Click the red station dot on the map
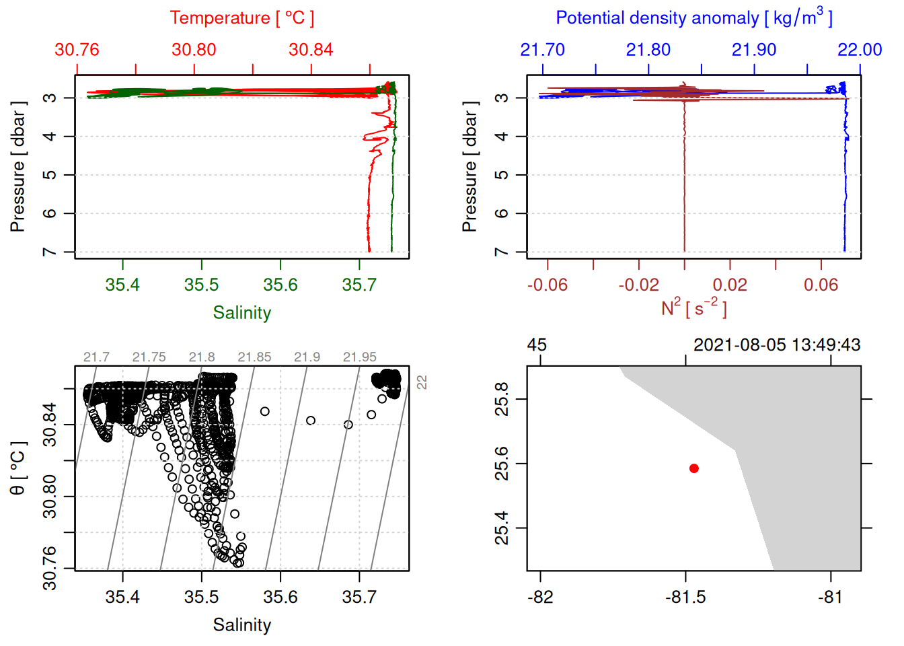(x=693, y=468)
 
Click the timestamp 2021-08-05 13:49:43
(x=776, y=345)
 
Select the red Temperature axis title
(x=242, y=18)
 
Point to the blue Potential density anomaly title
(x=693, y=17)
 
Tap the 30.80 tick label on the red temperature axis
(x=194, y=50)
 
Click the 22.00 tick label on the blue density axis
(x=859, y=50)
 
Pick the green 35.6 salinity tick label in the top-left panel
(x=280, y=285)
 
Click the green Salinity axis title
(x=242, y=313)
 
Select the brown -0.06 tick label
(x=547, y=285)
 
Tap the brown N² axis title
(x=693, y=308)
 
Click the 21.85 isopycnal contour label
(x=254, y=357)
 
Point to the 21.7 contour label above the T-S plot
(x=96, y=357)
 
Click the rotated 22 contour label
(x=422, y=382)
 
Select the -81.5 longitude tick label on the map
(x=685, y=597)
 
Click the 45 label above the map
(x=537, y=345)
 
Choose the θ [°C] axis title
(x=18, y=468)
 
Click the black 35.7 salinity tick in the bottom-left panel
(x=359, y=597)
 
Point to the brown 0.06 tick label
(x=821, y=285)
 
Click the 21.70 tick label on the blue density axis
(x=542, y=50)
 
